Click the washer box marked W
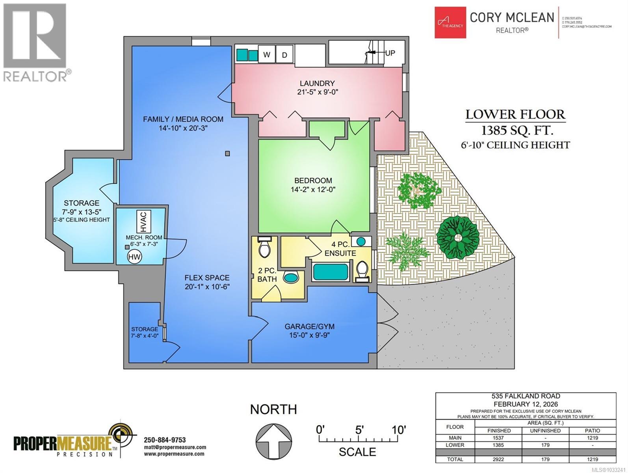point(266,54)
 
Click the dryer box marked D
point(284,54)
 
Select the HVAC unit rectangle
point(143,222)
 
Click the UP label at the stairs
point(390,53)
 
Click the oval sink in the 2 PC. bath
point(291,277)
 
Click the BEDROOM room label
point(314,181)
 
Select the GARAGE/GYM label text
point(309,326)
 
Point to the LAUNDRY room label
point(317,83)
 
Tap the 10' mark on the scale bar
point(399,430)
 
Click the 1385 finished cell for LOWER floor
point(499,445)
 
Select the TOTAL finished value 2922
point(499,459)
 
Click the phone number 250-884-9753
point(165,440)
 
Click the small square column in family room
point(227,154)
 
